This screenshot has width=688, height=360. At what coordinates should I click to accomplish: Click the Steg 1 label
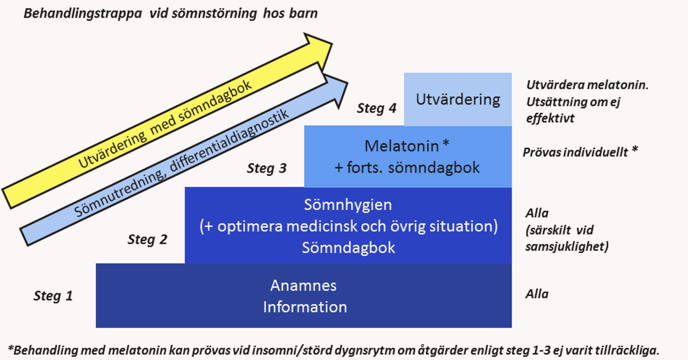(x=53, y=296)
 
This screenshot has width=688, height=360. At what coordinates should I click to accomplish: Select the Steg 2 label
(x=147, y=240)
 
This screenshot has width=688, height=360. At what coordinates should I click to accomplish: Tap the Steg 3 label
(x=266, y=168)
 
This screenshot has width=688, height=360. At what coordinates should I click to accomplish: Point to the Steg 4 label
(x=377, y=108)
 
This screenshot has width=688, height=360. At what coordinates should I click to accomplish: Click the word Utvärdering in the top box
(x=458, y=100)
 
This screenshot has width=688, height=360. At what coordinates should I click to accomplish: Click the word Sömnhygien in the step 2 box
(x=348, y=205)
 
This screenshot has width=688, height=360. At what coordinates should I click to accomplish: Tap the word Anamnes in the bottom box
(x=304, y=285)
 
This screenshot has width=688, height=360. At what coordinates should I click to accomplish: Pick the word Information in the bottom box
(x=305, y=307)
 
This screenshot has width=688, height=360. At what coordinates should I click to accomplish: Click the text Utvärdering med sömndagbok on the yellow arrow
(x=165, y=125)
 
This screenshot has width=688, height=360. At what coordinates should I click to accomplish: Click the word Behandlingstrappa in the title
(x=84, y=13)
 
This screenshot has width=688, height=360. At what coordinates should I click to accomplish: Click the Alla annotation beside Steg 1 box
(x=537, y=294)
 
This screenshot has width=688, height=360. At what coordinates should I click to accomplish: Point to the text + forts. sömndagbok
(x=407, y=167)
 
